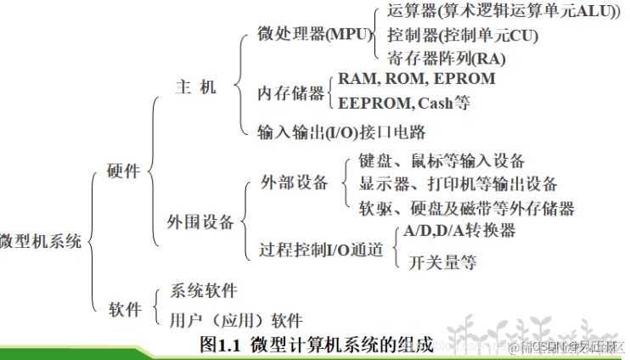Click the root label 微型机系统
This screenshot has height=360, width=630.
point(41,241)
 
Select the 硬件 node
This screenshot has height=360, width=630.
point(124,171)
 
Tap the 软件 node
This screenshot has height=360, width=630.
point(124,309)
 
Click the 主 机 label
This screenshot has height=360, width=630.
point(196,87)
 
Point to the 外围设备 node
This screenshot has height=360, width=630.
point(200,222)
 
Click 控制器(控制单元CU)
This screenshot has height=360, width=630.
point(463,37)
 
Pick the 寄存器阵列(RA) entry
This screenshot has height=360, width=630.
point(447,59)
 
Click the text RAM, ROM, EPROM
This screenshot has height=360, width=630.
point(416,79)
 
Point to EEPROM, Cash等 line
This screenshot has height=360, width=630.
point(404,104)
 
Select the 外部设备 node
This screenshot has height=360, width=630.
point(293,183)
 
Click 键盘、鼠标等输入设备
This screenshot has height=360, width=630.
point(442,160)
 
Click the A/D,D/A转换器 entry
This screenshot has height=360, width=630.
point(459,230)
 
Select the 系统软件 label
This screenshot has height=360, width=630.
point(204,290)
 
